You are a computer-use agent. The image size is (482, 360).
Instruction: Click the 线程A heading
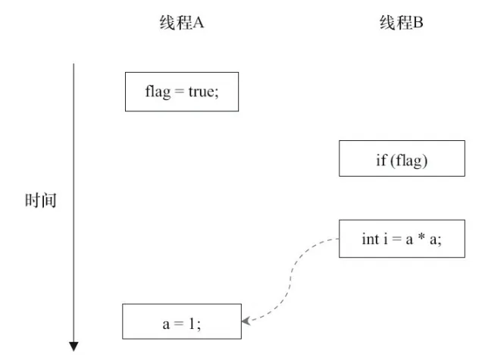click(x=181, y=23)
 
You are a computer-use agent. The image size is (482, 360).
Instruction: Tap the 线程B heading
click(x=402, y=23)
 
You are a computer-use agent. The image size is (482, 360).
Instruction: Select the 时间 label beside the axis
click(x=40, y=202)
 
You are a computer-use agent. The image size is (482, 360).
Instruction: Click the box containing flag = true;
click(x=182, y=92)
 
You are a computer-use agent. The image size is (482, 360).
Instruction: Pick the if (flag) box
click(x=402, y=158)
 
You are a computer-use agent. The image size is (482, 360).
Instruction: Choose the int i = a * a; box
click(x=402, y=239)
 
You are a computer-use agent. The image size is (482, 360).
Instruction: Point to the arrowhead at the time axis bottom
click(x=74, y=346)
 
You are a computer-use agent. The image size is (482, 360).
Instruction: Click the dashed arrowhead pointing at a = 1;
click(x=246, y=321)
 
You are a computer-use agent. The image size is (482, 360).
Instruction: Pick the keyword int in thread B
click(x=370, y=239)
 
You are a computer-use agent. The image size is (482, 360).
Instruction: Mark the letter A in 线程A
click(x=199, y=23)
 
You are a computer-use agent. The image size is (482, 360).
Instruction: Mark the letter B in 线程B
click(x=419, y=23)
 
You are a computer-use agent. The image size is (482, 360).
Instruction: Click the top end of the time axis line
click(x=74, y=64)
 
